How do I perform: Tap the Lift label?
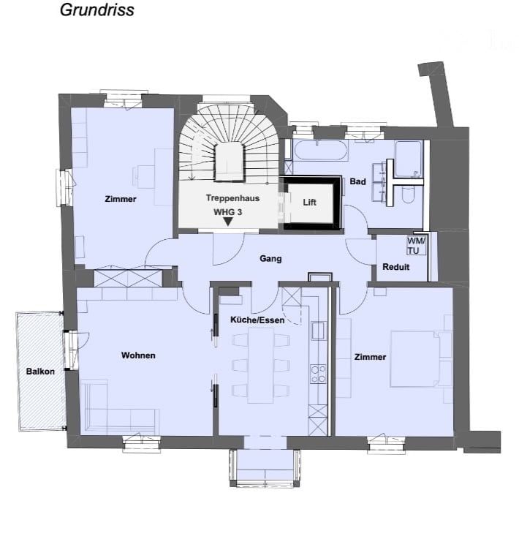(x=309, y=203)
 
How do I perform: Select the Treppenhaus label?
(x=232, y=198)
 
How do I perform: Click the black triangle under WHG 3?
(x=228, y=222)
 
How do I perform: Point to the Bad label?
(x=357, y=181)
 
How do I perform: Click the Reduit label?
(x=395, y=267)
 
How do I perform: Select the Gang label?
(x=270, y=258)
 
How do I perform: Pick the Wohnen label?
(x=138, y=355)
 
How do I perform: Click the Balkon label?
(x=40, y=372)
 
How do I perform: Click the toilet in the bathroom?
(x=408, y=195)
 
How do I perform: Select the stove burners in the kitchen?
(x=318, y=374)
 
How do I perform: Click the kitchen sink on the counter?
(x=318, y=331)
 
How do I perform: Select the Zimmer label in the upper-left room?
(x=120, y=199)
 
